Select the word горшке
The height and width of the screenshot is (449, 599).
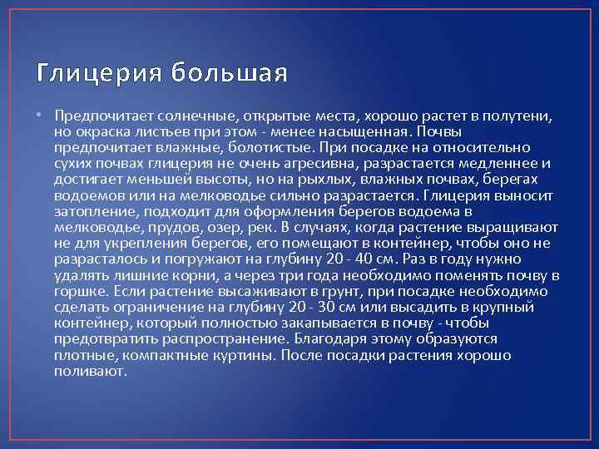tap(79, 291)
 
